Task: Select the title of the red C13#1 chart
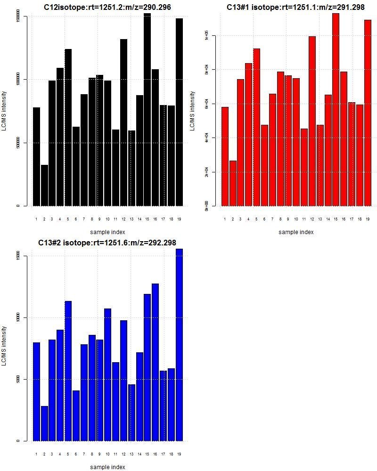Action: (295, 7)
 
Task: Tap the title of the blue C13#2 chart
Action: (107, 243)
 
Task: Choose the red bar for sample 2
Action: (233, 183)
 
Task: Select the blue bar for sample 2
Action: (44, 423)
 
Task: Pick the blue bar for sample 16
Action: (155, 362)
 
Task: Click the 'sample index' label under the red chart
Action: (295, 232)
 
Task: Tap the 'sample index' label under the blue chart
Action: (107, 467)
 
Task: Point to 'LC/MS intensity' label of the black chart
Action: (4, 111)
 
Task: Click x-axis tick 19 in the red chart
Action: (367, 219)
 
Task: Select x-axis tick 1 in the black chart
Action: (36, 219)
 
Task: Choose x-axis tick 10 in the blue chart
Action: (107, 454)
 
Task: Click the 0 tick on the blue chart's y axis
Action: (18, 441)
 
